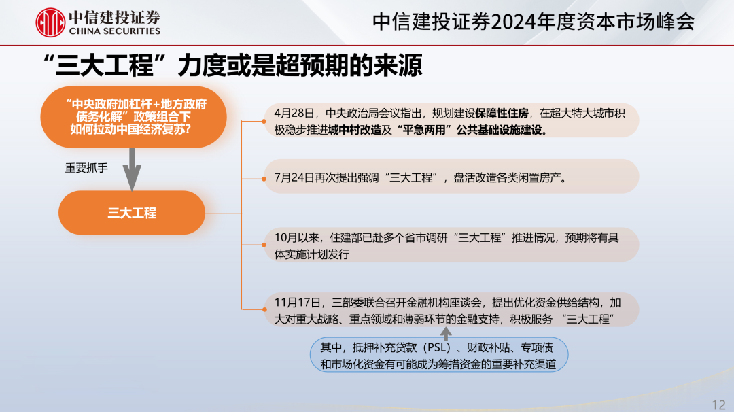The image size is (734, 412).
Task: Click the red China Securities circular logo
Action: (50, 22)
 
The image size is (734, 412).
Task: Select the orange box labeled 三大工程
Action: (132, 213)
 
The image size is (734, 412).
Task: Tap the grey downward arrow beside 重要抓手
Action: (132, 169)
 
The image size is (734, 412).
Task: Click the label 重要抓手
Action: (86, 168)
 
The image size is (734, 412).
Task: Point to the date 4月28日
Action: (294, 114)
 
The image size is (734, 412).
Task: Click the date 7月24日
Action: (294, 178)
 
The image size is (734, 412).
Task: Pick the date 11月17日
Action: (297, 303)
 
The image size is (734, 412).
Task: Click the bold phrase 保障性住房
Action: (502, 114)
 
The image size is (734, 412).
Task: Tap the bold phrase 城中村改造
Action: (355, 130)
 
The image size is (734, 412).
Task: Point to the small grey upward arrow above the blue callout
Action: (446, 333)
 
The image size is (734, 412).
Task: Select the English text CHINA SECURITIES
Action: (115, 31)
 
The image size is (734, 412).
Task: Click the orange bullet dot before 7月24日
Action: (264, 179)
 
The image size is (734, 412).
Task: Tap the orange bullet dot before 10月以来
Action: (264, 245)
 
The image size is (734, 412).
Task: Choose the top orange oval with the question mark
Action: (133, 117)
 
